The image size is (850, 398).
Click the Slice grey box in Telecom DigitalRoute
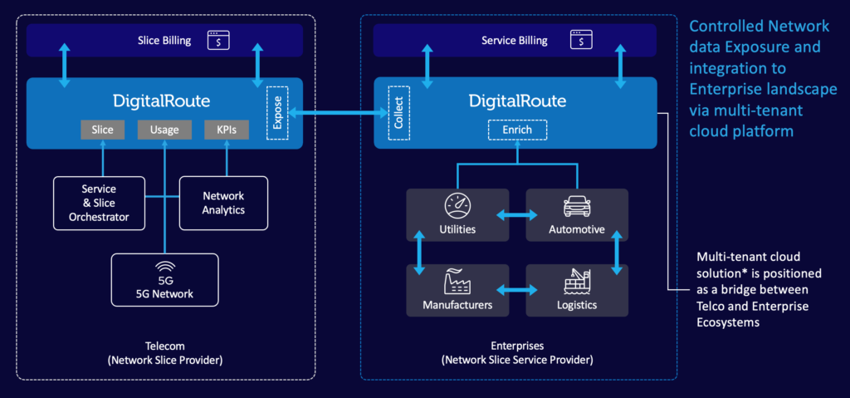(103, 130)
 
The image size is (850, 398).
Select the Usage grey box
(164, 130)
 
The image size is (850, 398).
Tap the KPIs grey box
(227, 130)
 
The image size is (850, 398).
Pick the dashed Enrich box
(516, 130)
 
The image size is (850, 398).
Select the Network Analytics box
(223, 203)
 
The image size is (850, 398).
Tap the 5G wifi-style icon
(164, 268)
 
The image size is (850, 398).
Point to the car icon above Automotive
(577, 205)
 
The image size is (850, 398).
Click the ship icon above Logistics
(577, 282)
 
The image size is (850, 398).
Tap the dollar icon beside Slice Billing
(219, 40)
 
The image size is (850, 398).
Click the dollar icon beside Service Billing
(581, 40)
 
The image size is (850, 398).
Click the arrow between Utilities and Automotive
(517, 215)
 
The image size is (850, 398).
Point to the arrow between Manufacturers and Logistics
(517, 292)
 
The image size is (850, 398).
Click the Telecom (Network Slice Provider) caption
(164, 353)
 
